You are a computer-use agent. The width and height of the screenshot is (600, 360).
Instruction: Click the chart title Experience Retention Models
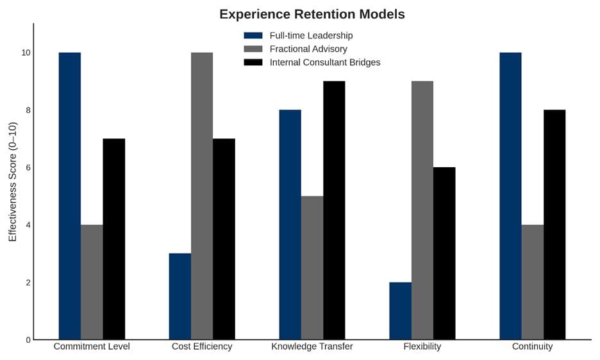pyautogui.click(x=312, y=14)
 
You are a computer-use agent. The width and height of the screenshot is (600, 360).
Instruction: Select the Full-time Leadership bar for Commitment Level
pyautogui.click(x=70, y=196)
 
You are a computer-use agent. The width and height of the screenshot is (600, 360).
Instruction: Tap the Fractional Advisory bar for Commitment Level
pyautogui.click(x=92, y=282)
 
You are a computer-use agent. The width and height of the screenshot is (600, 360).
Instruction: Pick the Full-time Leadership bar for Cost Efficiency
pyautogui.click(x=180, y=297)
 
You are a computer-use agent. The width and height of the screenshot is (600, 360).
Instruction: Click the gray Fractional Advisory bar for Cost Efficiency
pyautogui.click(x=202, y=196)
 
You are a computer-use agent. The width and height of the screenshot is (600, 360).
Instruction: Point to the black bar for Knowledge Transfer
pyautogui.click(x=334, y=210)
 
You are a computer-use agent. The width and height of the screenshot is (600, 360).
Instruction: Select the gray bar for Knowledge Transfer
pyautogui.click(x=312, y=268)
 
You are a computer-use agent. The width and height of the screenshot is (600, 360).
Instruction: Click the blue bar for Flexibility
pyautogui.click(x=401, y=311)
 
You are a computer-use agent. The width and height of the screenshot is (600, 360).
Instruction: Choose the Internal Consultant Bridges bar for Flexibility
pyautogui.click(x=444, y=254)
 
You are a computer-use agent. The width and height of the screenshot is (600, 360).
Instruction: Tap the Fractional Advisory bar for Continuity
pyautogui.click(x=533, y=282)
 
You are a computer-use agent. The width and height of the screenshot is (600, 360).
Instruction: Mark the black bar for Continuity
pyautogui.click(x=554, y=225)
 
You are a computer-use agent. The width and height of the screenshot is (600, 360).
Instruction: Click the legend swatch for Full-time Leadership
pyautogui.click(x=253, y=35)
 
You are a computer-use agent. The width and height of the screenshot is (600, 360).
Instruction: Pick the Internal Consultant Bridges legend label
pyautogui.click(x=325, y=62)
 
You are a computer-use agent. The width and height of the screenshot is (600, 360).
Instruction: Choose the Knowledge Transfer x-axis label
pyautogui.click(x=312, y=347)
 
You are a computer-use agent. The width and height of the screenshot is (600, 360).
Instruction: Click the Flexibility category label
pyautogui.click(x=422, y=347)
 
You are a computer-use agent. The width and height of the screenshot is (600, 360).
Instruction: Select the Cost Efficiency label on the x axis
pyautogui.click(x=202, y=347)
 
